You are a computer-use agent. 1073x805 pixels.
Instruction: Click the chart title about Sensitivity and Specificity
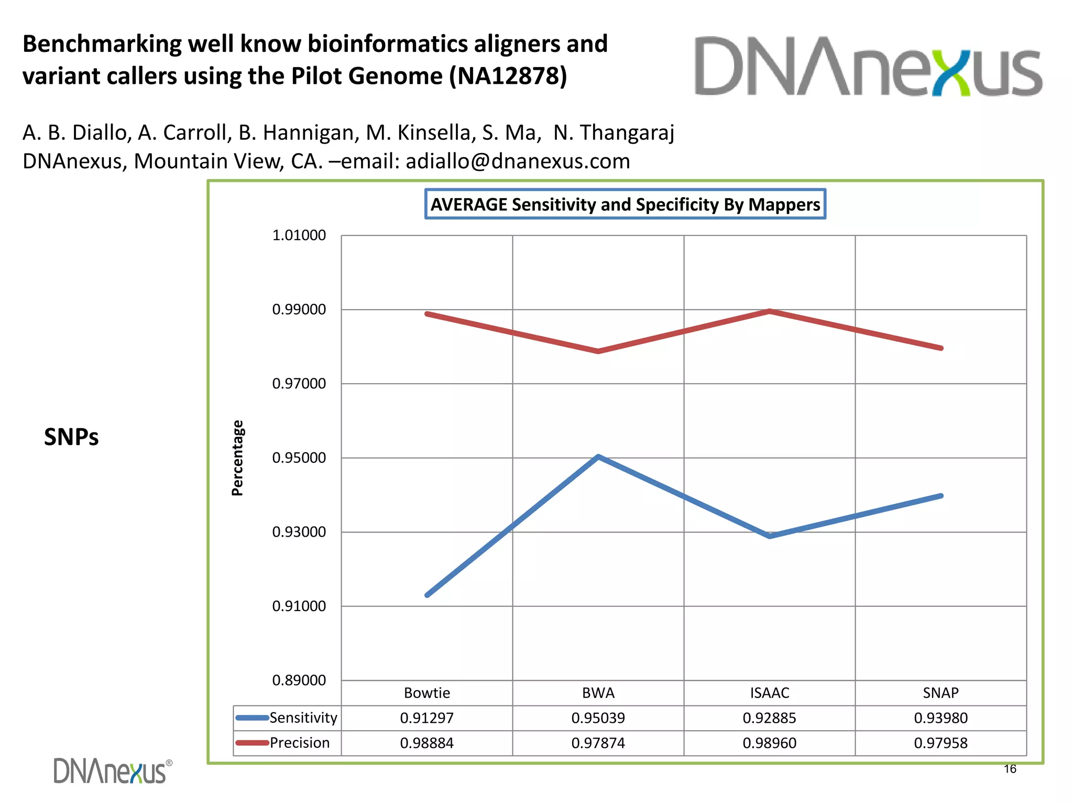tap(625, 204)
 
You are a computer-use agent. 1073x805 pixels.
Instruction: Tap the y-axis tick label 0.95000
tap(299, 458)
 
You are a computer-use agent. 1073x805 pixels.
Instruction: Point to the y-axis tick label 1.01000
tap(299, 235)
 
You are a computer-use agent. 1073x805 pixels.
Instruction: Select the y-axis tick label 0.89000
tap(299, 680)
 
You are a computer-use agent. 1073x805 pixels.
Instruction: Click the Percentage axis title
tap(237, 458)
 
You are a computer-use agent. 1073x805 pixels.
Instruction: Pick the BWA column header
tap(598, 693)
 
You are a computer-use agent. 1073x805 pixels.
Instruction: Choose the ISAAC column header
tap(769, 693)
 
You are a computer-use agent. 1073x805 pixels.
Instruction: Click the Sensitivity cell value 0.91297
tap(426, 718)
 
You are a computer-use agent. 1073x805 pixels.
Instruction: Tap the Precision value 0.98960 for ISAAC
tap(769, 743)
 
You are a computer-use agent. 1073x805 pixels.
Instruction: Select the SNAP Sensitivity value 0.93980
tap(940, 718)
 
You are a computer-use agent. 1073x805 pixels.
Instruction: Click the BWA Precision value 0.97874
tap(598, 743)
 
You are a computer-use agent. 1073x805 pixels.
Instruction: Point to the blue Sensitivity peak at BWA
tap(598, 456)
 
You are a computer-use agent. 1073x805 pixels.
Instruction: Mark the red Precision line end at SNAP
tap(941, 348)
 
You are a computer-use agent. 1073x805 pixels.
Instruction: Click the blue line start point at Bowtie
tap(428, 595)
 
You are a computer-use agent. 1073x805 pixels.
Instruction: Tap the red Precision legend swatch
tap(252, 743)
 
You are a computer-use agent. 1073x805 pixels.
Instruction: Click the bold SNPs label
tap(71, 437)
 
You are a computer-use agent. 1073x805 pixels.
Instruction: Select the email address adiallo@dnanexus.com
tap(518, 161)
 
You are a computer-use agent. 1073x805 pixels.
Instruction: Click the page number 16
tap(1010, 769)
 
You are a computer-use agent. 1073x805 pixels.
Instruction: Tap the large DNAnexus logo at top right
tap(868, 67)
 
